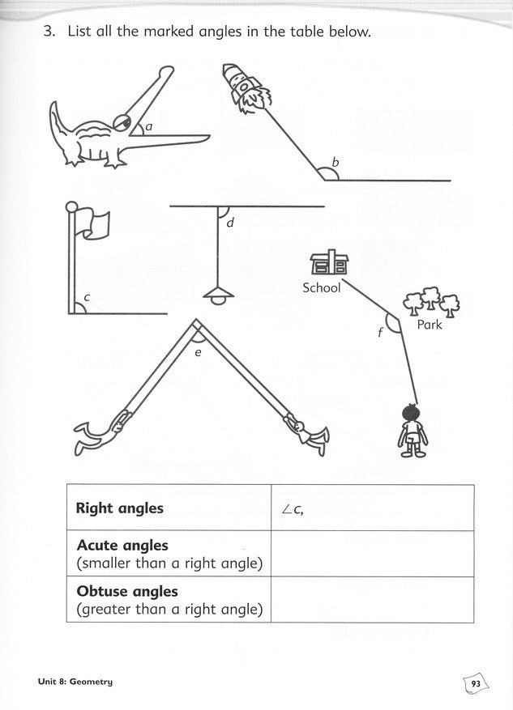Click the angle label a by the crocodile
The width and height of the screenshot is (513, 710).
pyautogui.click(x=148, y=126)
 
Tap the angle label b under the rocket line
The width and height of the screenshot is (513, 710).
pyautogui.click(x=336, y=162)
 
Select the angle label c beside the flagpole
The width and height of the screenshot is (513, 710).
pyautogui.click(x=87, y=297)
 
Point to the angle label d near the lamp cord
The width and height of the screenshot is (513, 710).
pyautogui.click(x=230, y=222)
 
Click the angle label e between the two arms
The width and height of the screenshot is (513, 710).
pyautogui.click(x=198, y=352)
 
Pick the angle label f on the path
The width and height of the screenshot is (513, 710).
pyautogui.click(x=380, y=333)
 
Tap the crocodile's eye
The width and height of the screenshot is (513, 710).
pyautogui.click(x=123, y=121)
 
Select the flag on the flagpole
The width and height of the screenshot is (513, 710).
pyautogui.click(x=92, y=223)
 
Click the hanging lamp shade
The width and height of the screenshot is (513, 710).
pyautogui.click(x=219, y=295)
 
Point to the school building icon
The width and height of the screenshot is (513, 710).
pyautogui.click(x=330, y=262)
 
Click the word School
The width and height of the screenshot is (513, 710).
pyautogui.click(x=321, y=287)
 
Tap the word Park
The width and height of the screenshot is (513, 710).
pyautogui.click(x=430, y=324)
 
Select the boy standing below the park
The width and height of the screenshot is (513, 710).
pyautogui.click(x=413, y=430)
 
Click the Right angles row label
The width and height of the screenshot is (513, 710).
pyautogui.click(x=120, y=508)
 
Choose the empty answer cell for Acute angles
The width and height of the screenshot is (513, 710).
pyautogui.click(x=373, y=553)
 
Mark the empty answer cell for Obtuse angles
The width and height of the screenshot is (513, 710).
pyautogui.click(x=373, y=600)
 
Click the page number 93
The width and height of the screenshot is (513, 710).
pyautogui.click(x=476, y=684)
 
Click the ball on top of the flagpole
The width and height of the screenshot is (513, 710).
pyautogui.click(x=71, y=207)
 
